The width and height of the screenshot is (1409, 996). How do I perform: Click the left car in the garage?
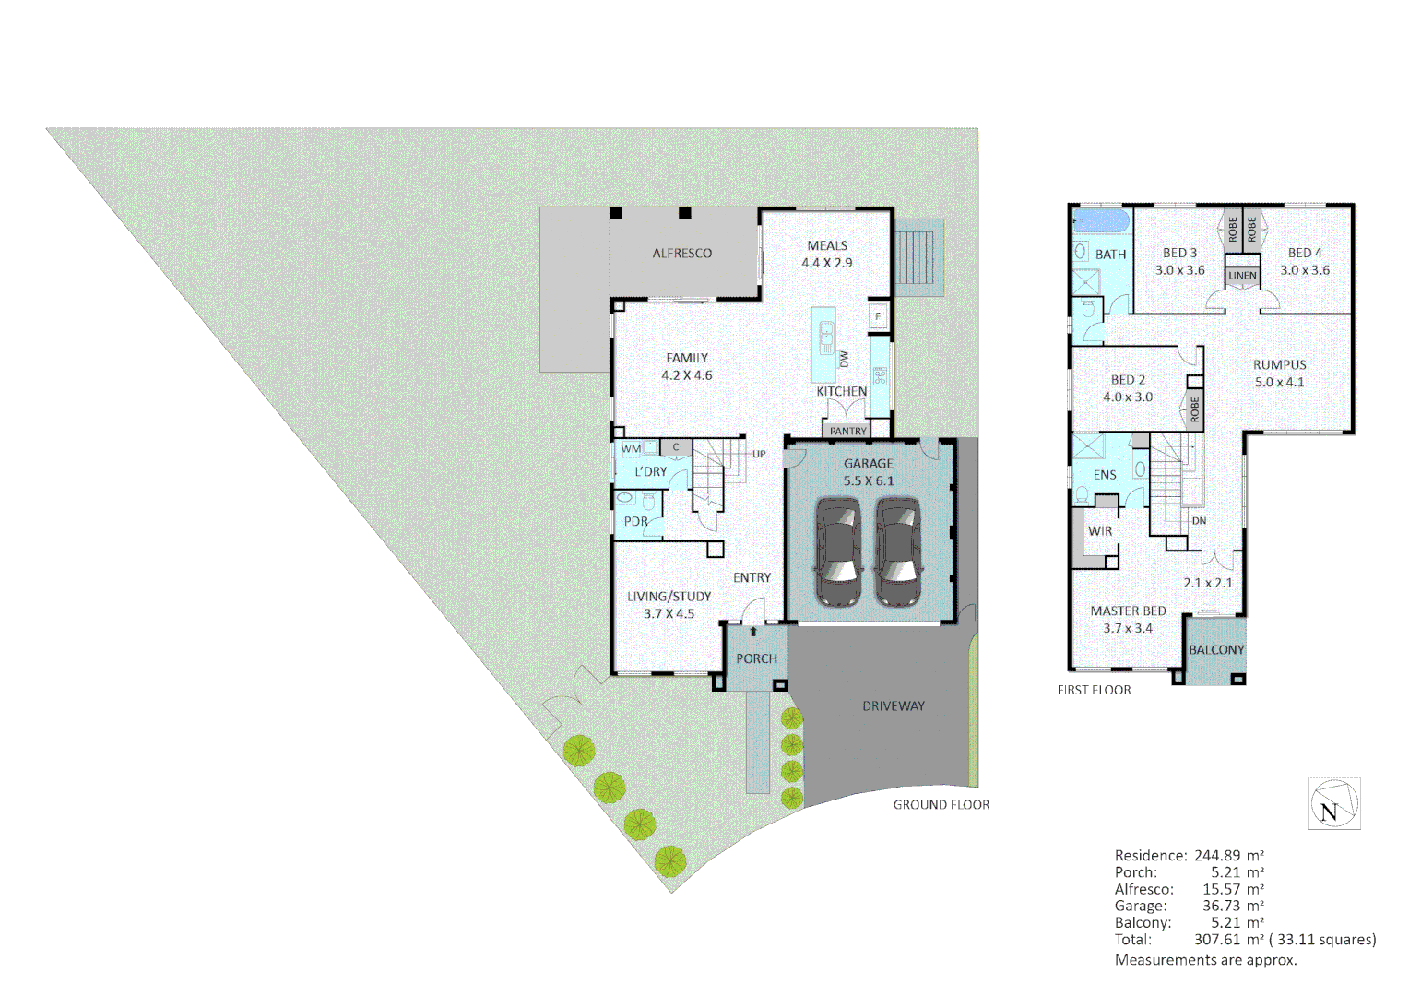(838, 551)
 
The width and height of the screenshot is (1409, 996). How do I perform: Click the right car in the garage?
(897, 551)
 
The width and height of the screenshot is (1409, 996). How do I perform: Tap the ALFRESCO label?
(681, 254)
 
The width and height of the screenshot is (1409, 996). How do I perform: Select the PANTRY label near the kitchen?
(847, 431)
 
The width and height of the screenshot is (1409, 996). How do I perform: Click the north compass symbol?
(1333, 803)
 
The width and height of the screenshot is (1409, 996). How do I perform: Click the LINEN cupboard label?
(1242, 276)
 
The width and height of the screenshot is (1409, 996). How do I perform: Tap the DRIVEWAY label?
(893, 706)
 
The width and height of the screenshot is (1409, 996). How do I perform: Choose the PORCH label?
(756, 658)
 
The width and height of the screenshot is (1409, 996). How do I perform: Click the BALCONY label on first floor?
(1216, 650)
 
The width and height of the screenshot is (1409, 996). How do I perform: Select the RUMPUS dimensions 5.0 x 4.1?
(1279, 382)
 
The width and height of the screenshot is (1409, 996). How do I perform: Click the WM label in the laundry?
(631, 449)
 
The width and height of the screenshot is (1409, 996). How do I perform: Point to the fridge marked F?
(878, 316)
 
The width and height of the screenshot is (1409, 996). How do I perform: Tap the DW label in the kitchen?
(844, 359)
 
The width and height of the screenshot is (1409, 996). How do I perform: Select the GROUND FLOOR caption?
(941, 805)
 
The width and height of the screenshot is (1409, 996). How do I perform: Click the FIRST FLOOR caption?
(1094, 690)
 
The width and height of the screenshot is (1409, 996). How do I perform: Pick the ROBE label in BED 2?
(1195, 409)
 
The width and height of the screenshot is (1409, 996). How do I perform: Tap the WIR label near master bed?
(1099, 531)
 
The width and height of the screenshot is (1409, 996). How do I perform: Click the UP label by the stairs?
(759, 454)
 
